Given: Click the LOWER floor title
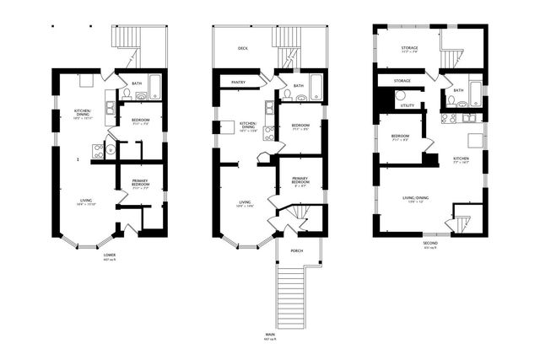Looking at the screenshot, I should [109, 255].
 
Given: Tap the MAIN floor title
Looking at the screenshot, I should [268, 335].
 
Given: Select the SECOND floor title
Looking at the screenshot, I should [429, 244].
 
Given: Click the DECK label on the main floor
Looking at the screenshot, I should [243, 49].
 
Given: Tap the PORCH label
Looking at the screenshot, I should [296, 250].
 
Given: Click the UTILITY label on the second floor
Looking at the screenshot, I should [407, 105].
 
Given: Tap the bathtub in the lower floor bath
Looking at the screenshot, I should [154, 87].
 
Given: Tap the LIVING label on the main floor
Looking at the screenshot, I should [245, 202].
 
